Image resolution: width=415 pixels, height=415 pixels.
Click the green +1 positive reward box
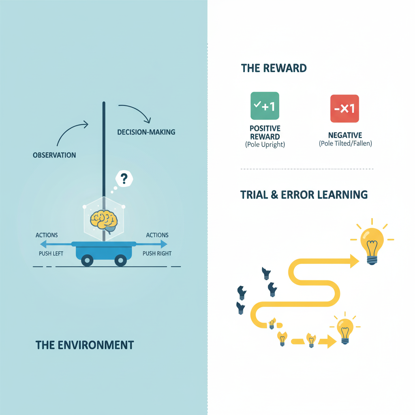265,106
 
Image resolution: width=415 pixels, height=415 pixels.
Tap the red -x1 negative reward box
344,109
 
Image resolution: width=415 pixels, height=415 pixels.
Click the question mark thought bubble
124,179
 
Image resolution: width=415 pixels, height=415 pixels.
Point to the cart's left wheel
87,260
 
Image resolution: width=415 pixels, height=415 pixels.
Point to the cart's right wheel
120,260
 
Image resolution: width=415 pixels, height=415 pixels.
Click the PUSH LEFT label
51,254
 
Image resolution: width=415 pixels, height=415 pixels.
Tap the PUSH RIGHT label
157,254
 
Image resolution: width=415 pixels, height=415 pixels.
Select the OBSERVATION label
54,155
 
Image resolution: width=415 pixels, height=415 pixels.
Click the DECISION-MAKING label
146,132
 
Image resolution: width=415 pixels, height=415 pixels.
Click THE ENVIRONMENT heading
85,345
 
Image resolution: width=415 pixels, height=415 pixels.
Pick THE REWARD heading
274,68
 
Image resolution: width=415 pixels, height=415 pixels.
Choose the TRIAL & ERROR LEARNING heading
304,195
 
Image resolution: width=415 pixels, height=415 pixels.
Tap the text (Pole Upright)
265,145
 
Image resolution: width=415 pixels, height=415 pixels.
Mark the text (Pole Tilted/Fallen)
345,143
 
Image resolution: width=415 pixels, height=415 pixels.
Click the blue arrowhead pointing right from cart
164,244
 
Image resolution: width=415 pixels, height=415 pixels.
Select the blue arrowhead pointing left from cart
43,244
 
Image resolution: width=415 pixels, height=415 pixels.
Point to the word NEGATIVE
345,135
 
